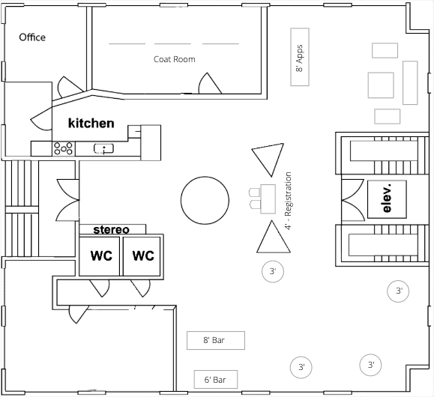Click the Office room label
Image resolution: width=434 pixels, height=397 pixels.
[x=32, y=37]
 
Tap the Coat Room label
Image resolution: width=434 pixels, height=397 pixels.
[x=175, y=59]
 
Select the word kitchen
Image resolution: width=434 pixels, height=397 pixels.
[x=91, y=123]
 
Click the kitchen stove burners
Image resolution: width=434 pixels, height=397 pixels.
[x=64, y=148]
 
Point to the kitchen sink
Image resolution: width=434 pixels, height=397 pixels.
[x=103, y=148]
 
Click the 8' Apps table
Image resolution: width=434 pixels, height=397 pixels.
[x=300, y=57]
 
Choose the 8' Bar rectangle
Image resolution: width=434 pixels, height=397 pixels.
[x=216, y=340]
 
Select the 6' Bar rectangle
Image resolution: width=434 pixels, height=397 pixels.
[x=216, y=379]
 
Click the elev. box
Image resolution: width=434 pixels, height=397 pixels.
[x=387, y=199]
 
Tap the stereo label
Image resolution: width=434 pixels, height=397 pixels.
[x=111, y=230]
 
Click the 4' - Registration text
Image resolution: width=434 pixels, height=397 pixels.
[x=288, y=201]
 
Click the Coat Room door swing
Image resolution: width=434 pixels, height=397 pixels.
[x=210, y=83]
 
